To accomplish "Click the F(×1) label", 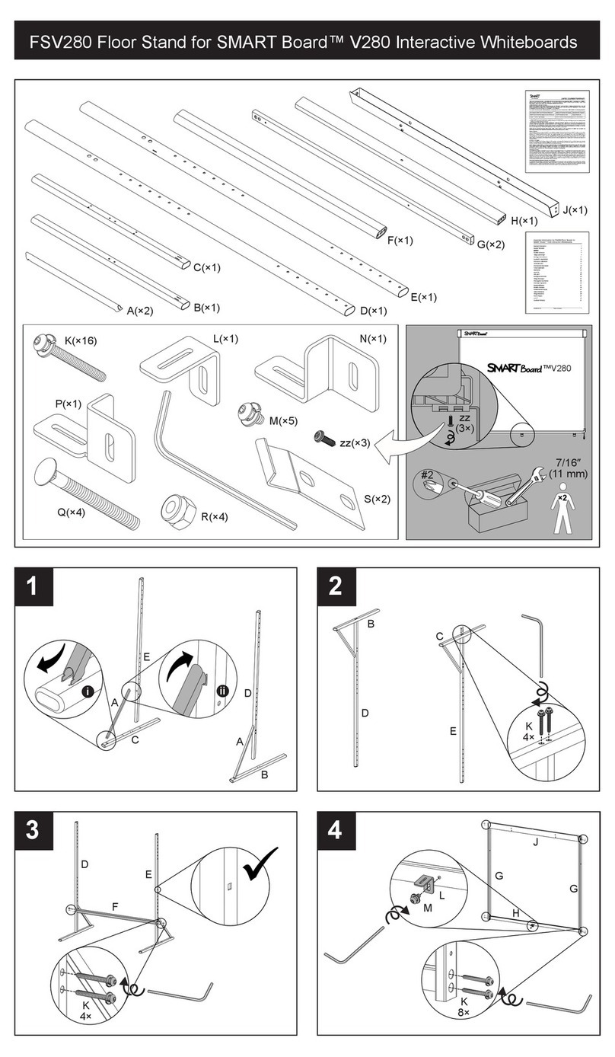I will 399,241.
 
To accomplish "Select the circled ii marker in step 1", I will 222,691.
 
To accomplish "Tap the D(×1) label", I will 373,310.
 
